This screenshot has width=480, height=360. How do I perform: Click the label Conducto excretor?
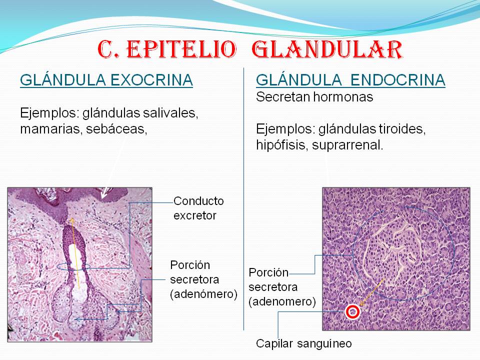coord(198,208)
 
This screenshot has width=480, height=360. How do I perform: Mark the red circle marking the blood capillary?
coord(352,312)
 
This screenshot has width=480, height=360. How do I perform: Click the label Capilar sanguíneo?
coord(304,343)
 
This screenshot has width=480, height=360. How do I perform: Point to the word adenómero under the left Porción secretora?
coord(203,294)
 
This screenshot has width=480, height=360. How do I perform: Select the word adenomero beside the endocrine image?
coord(282,301)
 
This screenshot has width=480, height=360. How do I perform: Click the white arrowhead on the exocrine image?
coord(104,193)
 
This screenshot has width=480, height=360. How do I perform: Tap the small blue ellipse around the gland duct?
coord(74,266)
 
